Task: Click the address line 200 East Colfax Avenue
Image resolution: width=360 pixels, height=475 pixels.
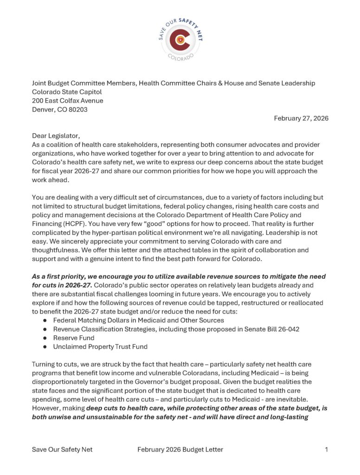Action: pyautogui.click(x=68, y=101)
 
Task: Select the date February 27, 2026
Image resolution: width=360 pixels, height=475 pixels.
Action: pyautogui.click(x=301, y=118)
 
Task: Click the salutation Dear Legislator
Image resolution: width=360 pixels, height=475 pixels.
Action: pyautogui.click(x=56, y=136)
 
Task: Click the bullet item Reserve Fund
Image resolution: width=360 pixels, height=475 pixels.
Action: pyautogui.click(x=74, y=338)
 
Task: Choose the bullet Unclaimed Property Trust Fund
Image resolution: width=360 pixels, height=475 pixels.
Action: pyautogui.click(x=100, y=347)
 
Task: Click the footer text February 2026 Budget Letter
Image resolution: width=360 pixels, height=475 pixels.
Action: pyautogui.click(x=180, y=449)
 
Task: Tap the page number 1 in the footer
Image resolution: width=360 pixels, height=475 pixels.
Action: pyautogui.click(x=327, y=449)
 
